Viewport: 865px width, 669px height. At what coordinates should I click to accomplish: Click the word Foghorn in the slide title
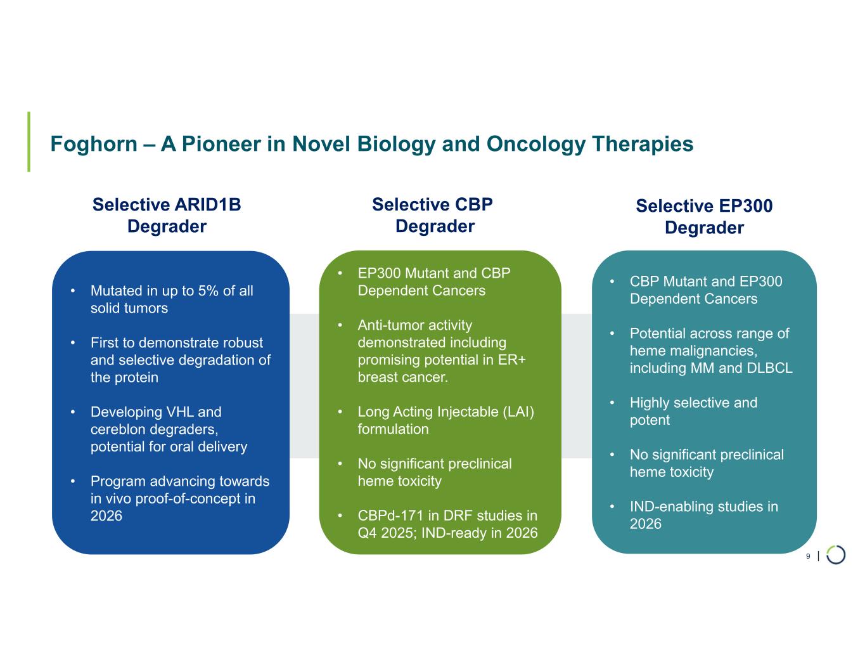(94, 144)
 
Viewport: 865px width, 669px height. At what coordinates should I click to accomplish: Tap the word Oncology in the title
(535, 144)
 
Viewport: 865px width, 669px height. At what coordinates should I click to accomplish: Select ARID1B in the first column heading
(207, 205)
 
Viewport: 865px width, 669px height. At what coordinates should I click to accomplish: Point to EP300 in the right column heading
(746, 206)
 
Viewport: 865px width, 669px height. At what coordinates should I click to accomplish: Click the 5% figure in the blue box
(208, 291)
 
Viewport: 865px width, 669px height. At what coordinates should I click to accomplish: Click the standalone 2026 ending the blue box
(106, 516)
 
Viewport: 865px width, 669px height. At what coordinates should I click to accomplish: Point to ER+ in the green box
(512, 360)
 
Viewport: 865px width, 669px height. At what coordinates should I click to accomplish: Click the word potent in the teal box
(650, 420)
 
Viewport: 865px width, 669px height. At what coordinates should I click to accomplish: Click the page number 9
(808, 556)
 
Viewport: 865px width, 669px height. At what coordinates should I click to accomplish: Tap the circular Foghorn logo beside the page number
(836, 555)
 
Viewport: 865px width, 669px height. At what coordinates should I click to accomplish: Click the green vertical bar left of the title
(29, 142)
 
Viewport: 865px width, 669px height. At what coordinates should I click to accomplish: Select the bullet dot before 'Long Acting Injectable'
(340, 412)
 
